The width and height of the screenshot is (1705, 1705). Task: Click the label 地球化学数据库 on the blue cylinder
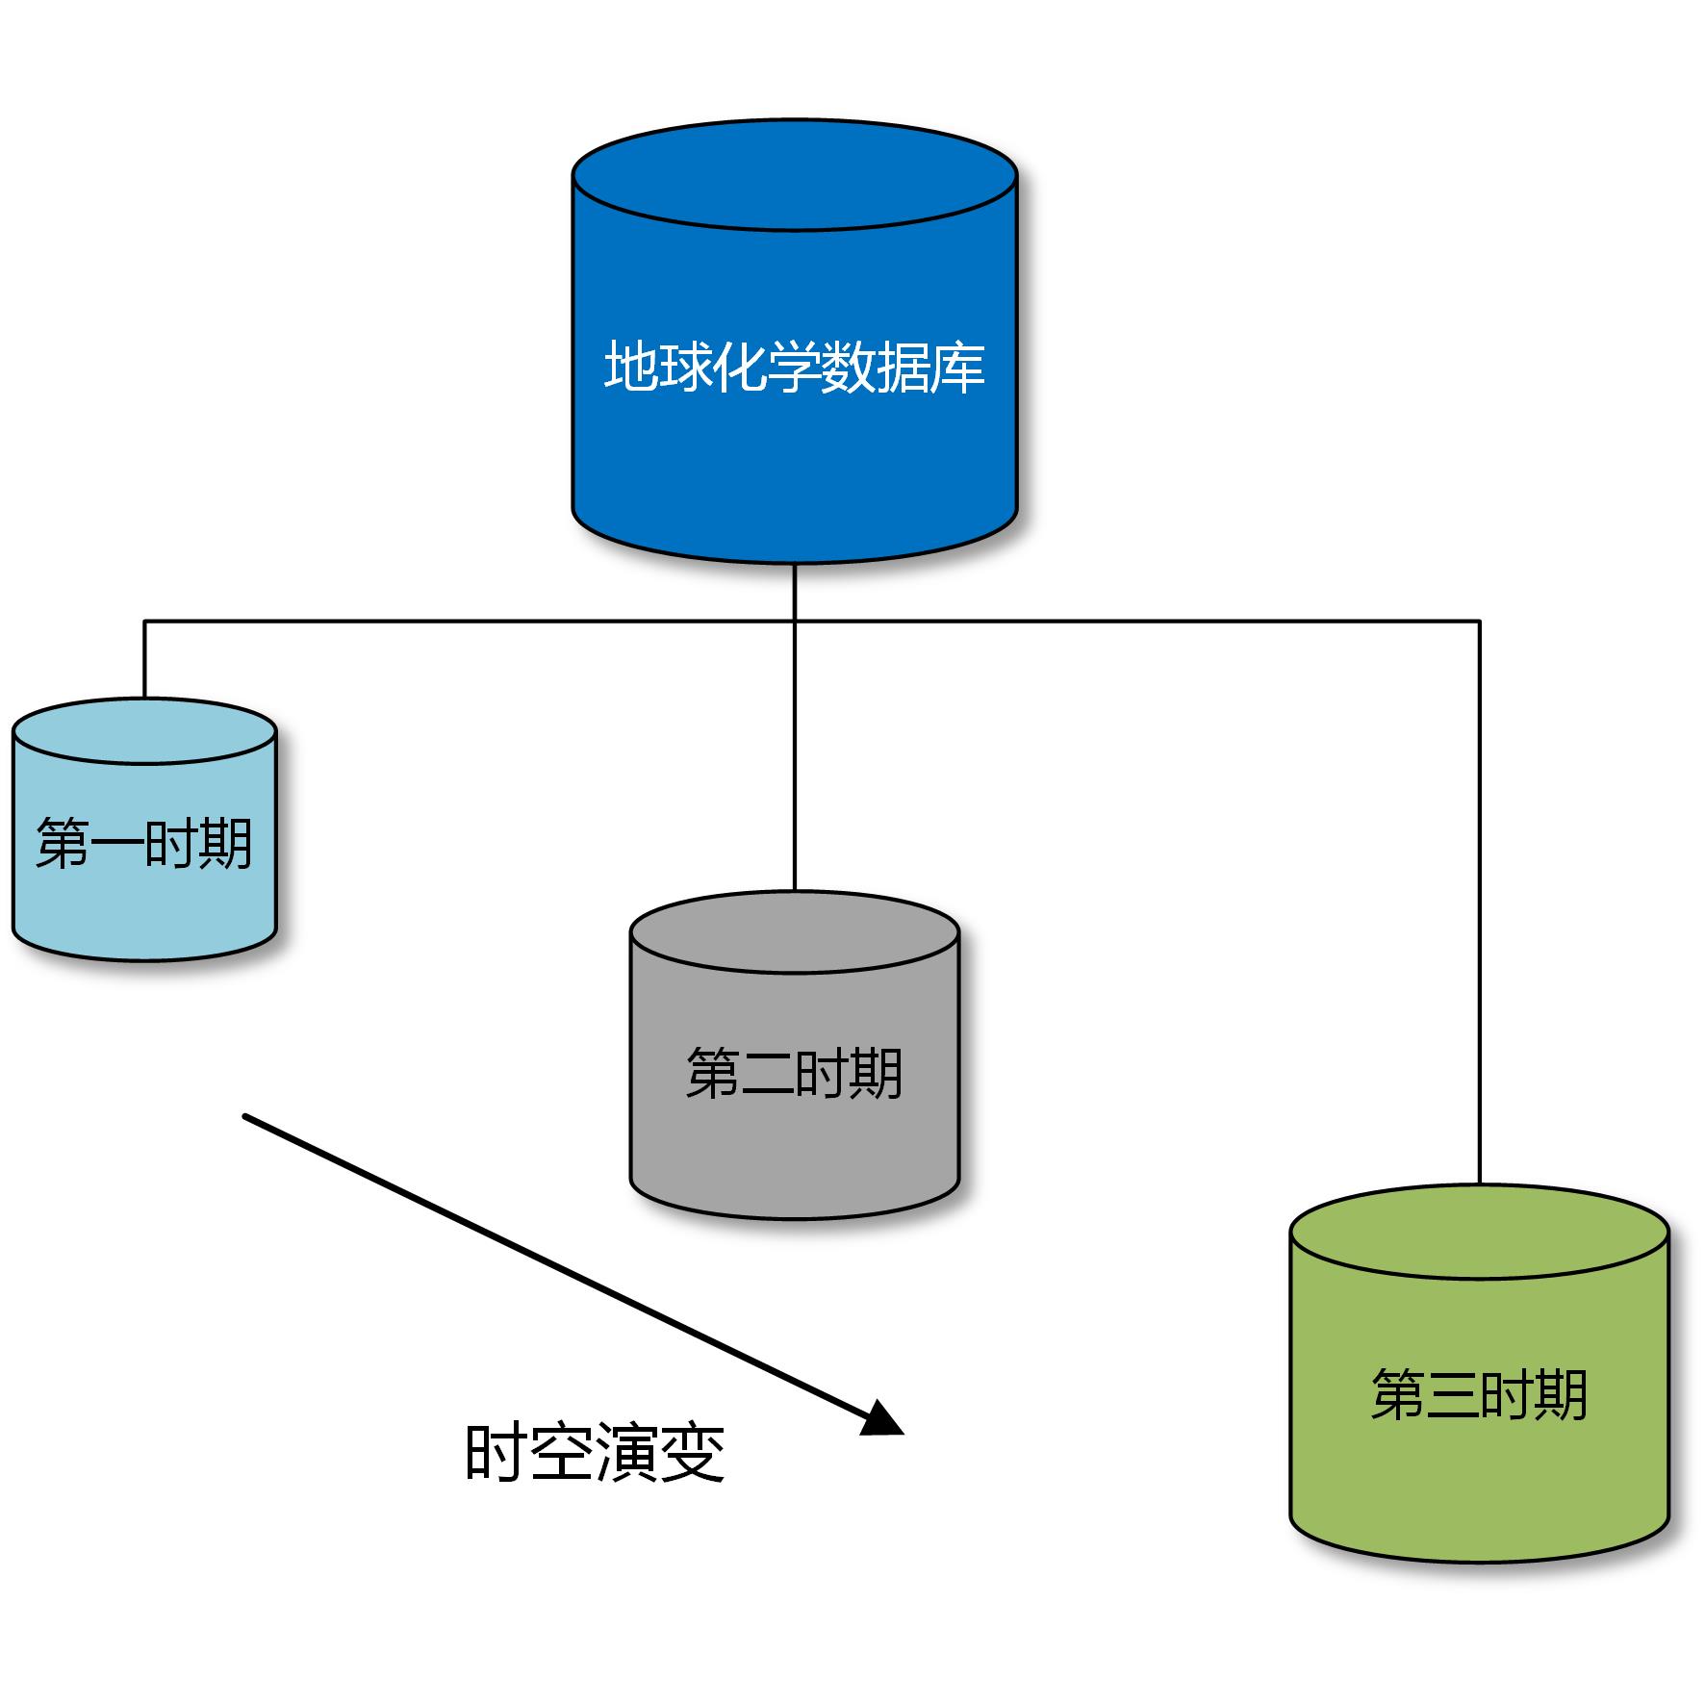coord(794,367)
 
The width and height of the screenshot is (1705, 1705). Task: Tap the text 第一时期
coord(144,844)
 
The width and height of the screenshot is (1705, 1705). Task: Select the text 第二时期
coord(794,1074)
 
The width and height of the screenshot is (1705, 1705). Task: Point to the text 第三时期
coord(1479,1395)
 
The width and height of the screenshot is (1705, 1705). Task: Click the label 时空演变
coord(595,1453)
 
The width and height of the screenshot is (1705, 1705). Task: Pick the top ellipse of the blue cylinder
coord(794,176)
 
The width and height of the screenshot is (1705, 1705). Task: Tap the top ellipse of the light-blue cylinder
coord(144,731)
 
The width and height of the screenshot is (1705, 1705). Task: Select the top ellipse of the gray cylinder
coord(794,932)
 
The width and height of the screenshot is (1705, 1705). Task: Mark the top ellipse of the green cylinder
coord(1479,1233)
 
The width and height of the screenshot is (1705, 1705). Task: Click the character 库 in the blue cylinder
coord(958,367)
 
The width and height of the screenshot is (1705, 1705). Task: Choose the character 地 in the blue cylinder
coord(630,367)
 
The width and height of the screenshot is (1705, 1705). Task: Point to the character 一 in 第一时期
coord(117,844)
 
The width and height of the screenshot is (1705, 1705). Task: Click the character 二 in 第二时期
coord(767,1074)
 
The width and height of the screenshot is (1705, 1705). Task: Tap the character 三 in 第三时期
coord(1452,1395)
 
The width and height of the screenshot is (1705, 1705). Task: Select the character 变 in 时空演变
coord(693,1453)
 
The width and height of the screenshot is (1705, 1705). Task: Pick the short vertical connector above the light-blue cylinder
coord(144,659)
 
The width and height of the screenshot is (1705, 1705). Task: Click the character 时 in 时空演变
coord(495,1453)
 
